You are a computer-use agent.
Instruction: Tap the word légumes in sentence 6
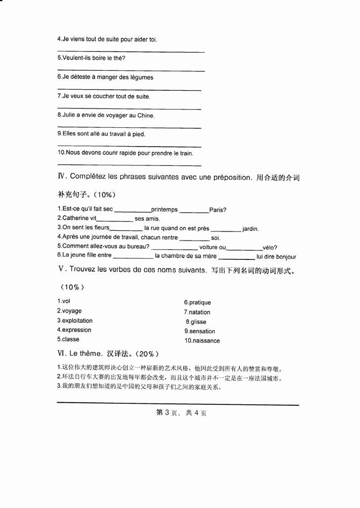tap(140, 77)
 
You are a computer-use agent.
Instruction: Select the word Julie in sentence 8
tap(69, 115)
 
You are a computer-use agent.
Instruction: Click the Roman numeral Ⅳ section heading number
tap(61, 177)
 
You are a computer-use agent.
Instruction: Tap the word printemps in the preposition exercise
tap(164, 209)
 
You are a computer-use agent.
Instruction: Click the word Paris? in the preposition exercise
tap(218, 209)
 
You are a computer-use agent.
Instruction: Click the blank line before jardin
tap(226, 229)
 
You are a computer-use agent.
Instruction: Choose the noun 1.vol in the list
tap(64, 301)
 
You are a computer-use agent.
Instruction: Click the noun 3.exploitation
tap(75, 321)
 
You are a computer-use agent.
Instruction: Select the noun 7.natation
tap(197, 312)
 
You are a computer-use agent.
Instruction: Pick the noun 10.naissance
tap(202, 340)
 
